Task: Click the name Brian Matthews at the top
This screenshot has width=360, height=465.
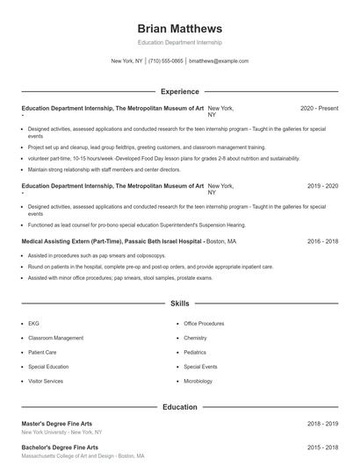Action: (x=180, y=28)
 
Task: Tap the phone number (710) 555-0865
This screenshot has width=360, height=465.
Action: (x=166, y=61)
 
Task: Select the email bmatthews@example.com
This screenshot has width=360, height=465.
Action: (x=219, y=61)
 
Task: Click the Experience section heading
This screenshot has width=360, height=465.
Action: (x=180, y=91)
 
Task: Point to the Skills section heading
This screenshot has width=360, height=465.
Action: (x=180, y=303)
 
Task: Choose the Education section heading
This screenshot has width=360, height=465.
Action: (x=180, y=407)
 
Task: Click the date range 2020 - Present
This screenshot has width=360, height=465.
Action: (x=319, y=108)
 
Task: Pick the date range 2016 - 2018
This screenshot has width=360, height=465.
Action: (x=322, y=240)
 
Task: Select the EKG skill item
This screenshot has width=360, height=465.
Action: (x=34, y=323)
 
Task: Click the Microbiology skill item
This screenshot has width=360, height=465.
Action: (x=198, y=382)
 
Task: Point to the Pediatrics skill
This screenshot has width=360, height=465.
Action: (x=194, y=352)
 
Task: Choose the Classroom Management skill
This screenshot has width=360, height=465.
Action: (x=56, y=338)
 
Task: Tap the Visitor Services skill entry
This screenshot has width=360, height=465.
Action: (x=46, y=382)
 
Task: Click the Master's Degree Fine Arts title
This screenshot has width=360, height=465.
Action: (x=56, y=424)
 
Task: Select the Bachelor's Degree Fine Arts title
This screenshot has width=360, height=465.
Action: (x=58, y=447)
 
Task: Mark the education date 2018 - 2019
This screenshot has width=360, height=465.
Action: (x=322, y=424)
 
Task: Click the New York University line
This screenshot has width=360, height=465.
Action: (x=61, y=433)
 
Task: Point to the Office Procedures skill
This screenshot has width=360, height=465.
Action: (x=204, y=323)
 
